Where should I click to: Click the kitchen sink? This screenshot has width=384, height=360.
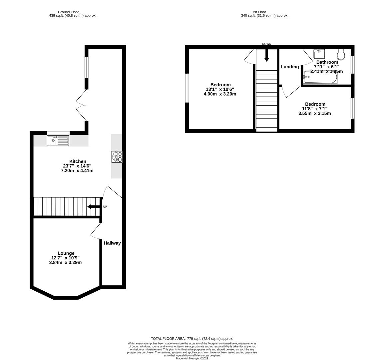click(x=58, y=141)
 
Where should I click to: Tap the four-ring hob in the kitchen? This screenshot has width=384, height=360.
click(x=117, y=157)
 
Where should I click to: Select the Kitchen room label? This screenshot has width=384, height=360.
click(x=78, y=161)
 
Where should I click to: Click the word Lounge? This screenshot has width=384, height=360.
click(x=66, y=253)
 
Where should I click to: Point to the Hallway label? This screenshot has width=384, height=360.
click(x=112, y=243)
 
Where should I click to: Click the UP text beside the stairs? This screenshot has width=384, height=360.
click(x=105, y=207)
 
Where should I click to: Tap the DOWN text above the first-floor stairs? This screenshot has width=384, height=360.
click(x=266, y=44)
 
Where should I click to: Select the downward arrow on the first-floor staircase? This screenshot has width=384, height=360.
click(x=266, y=55)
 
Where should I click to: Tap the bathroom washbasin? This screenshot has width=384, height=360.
click(x=319, y=53)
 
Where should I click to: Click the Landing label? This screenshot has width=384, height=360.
click(x=290, y=67)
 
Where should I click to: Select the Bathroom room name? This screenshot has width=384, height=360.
click(x=327, y=62)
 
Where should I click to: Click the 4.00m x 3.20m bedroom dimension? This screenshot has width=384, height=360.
click(x=220, y=94)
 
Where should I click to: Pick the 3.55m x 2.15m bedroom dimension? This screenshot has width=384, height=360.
click(x=314, y=113)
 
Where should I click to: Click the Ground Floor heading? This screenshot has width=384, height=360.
click(x=68, y=12)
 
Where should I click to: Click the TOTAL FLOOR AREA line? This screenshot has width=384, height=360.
click(x=192, y=338)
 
